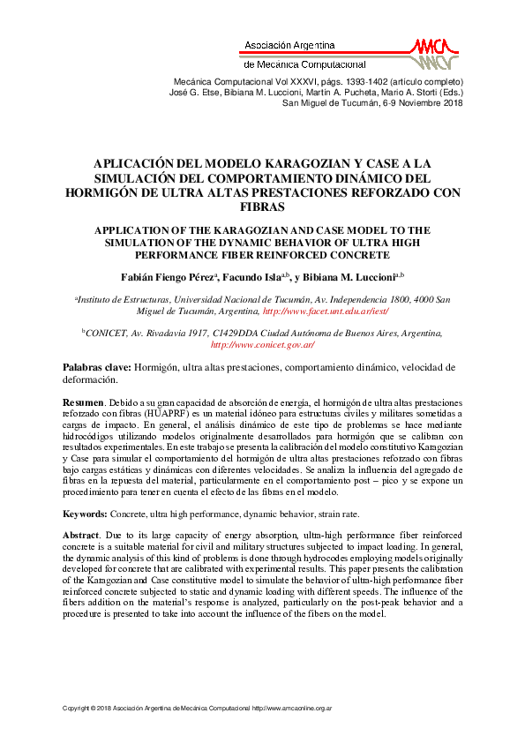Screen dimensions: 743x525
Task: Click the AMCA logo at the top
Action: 434,53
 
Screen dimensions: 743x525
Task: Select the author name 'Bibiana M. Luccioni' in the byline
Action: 349,277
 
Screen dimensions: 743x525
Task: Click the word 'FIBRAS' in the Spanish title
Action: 262,207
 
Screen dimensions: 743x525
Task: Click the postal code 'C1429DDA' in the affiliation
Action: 242,333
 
